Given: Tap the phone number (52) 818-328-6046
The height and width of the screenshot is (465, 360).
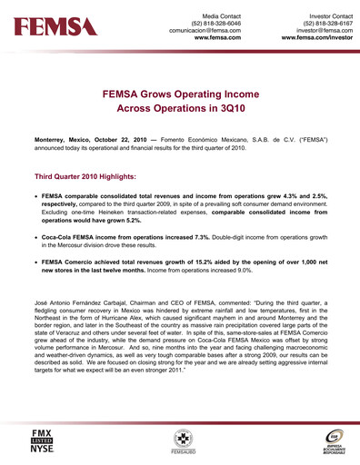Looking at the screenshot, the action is pyautogui.click(x=213, y=24).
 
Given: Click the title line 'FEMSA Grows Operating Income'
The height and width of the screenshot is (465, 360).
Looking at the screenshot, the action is pyautogui.click(x=180, y=93).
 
